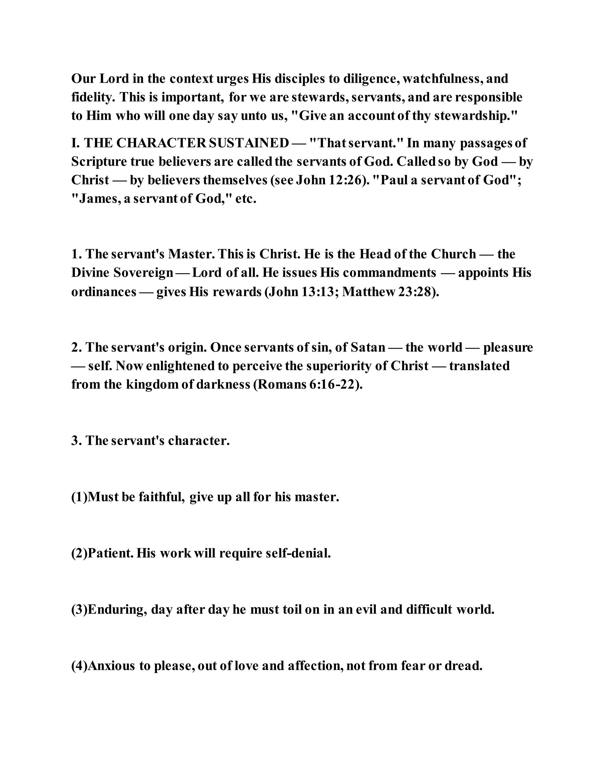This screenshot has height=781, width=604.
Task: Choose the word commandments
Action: click(389, 273)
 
